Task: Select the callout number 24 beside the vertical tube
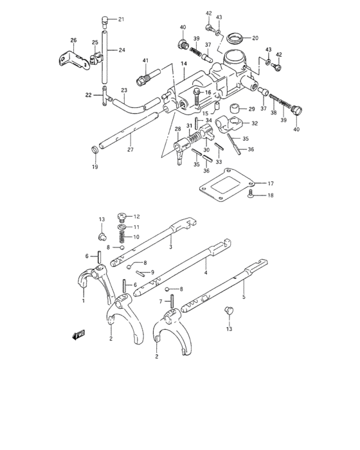click(122, 50)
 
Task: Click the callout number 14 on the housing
click(183, 64)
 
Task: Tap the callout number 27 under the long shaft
click(130, 149)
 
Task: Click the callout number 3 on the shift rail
click(170, 246)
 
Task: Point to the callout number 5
click(244, 297)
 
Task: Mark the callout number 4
click(206, 272)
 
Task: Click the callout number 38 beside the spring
click(273, 113)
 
